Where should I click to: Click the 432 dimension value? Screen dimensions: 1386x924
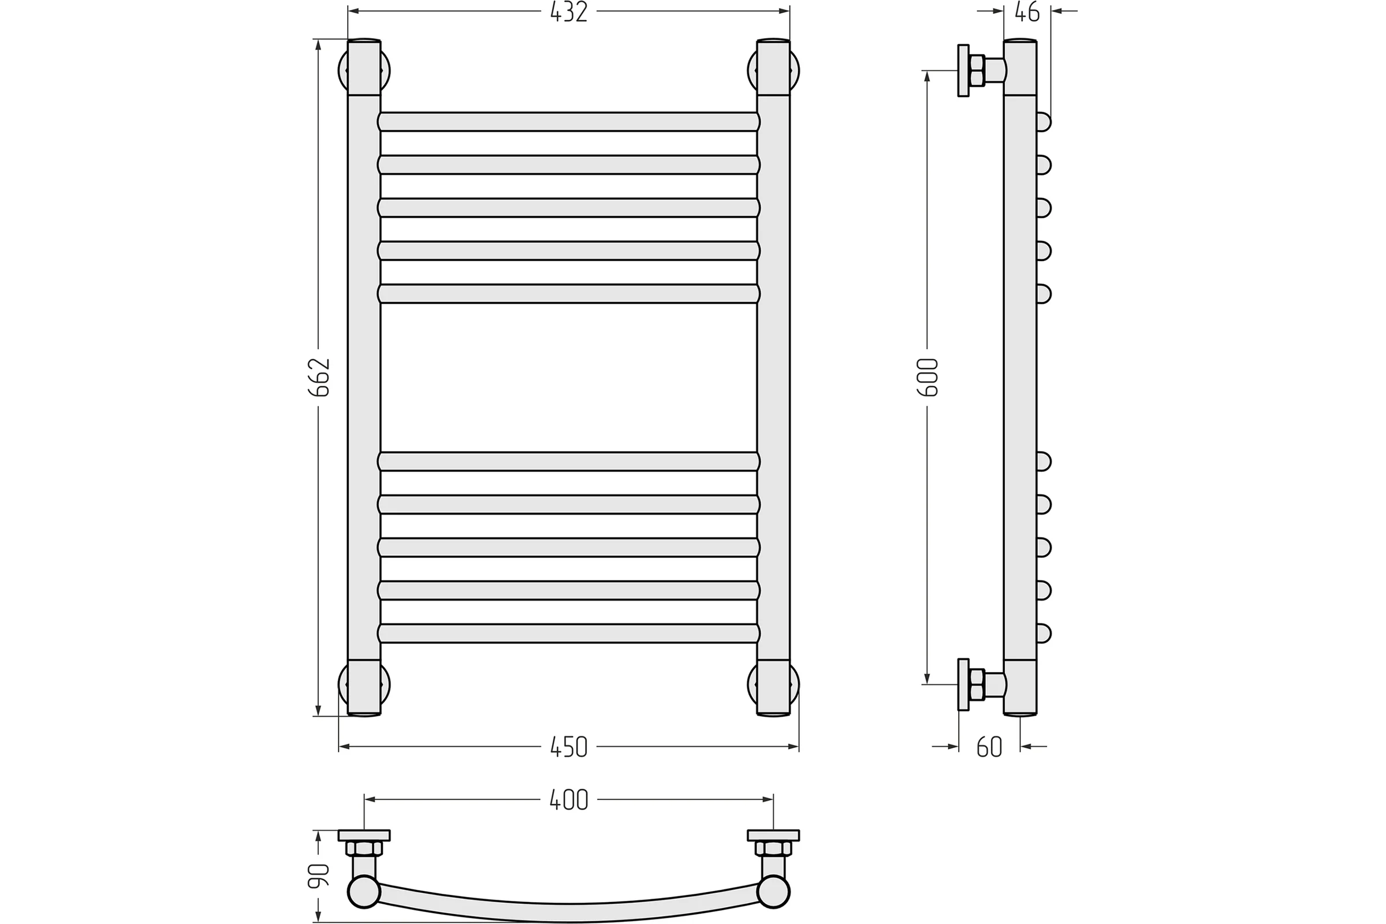[569, 12]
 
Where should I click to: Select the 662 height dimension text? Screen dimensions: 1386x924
[320, 377]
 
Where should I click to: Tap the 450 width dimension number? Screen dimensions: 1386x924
[569, 747]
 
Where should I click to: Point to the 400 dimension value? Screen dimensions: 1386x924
[569, 800]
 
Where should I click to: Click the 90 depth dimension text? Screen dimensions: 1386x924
[318, 875]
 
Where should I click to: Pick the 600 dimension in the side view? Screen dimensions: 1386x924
[927, 377]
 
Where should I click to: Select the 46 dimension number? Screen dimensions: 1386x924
[1027, 12]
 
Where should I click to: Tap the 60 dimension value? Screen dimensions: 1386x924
[989, 747]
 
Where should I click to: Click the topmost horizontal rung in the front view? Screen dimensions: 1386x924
[569, 121]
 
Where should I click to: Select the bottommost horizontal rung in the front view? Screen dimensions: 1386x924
[569, 633]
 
